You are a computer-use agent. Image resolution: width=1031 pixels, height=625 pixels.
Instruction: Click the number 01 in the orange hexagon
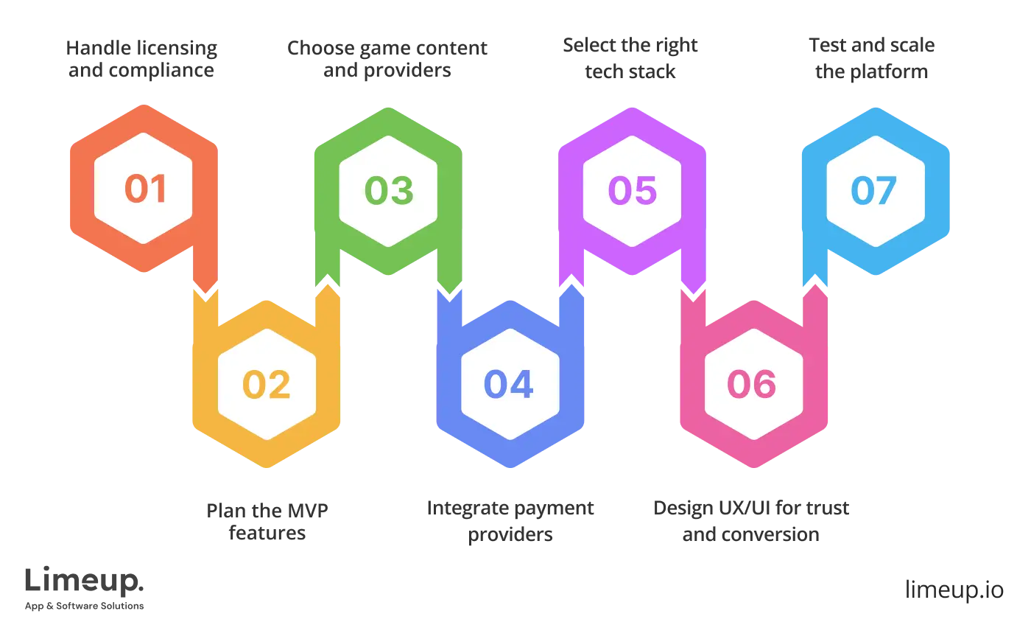146,189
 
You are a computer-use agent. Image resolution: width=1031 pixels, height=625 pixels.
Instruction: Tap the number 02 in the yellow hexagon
267,385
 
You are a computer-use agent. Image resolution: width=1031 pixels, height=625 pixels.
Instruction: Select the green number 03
389,190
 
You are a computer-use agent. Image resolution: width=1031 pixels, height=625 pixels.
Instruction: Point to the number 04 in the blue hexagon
509,385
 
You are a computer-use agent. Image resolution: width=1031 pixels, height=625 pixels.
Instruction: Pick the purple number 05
632,190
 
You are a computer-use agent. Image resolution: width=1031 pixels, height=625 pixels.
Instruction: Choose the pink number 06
752,385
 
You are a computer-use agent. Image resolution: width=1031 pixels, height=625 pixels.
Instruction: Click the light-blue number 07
874,190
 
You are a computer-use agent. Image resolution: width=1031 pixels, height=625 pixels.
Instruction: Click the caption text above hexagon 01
141,60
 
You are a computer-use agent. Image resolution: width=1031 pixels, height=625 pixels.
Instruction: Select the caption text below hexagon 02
267,520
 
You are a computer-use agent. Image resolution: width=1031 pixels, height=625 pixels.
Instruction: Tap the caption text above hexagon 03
387,60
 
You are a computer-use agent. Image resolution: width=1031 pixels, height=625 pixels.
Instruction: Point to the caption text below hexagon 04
510,520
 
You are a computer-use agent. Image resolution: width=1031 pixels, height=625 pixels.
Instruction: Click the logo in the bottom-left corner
85,587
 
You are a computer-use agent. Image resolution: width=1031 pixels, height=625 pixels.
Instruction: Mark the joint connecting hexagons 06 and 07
814,287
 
